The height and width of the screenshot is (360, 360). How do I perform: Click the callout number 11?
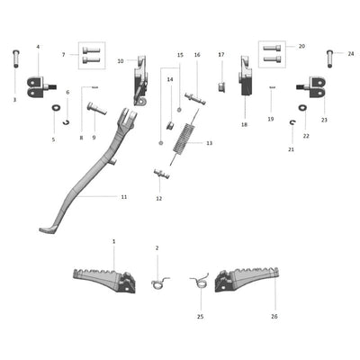[123, 196]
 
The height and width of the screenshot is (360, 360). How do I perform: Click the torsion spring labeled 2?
[159, 283]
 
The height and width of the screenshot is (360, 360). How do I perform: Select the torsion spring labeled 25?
[198, 283]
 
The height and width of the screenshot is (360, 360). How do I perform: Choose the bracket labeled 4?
[36, 86]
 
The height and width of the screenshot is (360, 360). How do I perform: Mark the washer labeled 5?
[56, 110]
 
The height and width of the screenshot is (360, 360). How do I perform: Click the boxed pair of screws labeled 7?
[91, 56]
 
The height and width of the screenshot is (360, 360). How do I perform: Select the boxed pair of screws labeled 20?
[272, 53]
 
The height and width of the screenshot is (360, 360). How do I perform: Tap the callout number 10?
[121, 61]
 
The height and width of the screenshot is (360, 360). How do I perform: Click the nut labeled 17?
[220, 86]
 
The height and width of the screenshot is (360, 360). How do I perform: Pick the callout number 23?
[324, 120]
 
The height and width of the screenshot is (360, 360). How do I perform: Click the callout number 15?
[179, 55]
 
